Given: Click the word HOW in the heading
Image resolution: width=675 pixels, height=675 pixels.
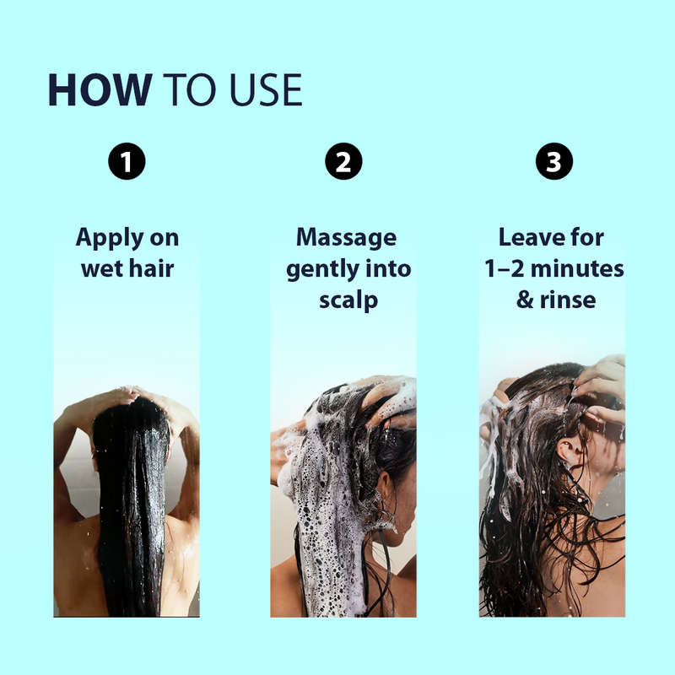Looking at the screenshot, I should tap(100, 90).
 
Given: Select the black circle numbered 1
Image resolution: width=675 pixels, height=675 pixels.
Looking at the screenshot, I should tap(127, 162).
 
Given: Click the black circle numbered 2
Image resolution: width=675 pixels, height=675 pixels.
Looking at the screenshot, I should tap(343, 162).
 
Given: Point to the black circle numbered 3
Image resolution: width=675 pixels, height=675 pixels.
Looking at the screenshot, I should tap(553, 162).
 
